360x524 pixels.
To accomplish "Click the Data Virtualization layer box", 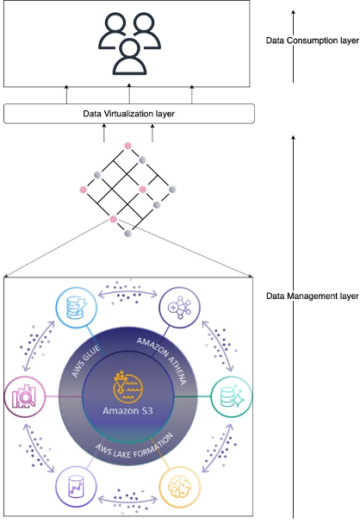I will pos(129,113).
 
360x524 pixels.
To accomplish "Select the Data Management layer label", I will pos(312,296).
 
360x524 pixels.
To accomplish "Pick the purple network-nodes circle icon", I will pos(181,307).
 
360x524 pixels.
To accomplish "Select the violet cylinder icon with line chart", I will pos(74,488).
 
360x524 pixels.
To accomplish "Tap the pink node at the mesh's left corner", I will pos(83,188).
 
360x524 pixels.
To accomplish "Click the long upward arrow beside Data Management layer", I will pos(293,327).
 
